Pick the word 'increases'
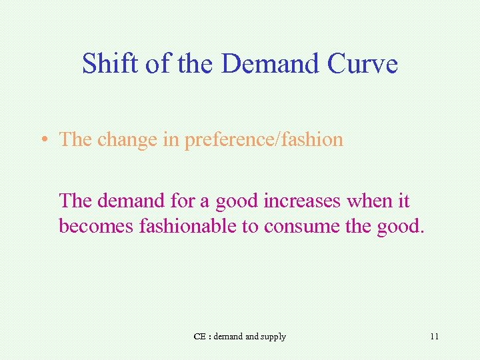pos(304,200)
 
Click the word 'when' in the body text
pos(371,200)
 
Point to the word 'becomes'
pos(97,226)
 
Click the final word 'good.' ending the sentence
pos(399,227)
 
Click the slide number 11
pos(434,337)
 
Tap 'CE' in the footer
pos(199,337)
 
